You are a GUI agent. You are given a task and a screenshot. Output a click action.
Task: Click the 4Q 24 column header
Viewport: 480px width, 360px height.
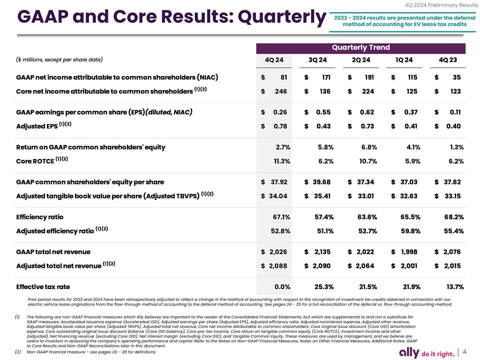(x=273, y=60)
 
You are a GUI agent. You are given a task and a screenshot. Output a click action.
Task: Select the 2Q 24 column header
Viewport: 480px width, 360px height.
(x=360, y=60)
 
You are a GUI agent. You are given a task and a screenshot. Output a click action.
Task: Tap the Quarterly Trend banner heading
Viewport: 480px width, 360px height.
(x=360, y=47)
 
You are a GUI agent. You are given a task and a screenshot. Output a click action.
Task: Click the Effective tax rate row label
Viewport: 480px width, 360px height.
(x=43, y=287)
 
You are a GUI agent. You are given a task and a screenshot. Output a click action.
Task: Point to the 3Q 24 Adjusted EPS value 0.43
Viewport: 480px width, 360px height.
(x=323, y=126)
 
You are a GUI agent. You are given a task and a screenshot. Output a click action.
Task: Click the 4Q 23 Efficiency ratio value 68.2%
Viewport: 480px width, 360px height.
(x=453, y=217)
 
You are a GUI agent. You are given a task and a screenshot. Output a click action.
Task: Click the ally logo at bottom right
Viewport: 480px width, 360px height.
(x=410, y=352)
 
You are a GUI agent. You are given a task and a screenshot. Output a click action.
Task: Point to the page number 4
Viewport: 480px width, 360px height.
(x=465, y=351)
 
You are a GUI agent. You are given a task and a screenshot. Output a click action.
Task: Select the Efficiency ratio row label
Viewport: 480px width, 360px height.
(x=40, y=217)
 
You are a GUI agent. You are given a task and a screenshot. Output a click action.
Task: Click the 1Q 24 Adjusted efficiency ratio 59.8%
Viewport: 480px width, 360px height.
(x=409, y=231)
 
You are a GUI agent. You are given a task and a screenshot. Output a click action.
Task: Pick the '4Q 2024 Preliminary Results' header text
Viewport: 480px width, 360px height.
(x=441, y=5)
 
